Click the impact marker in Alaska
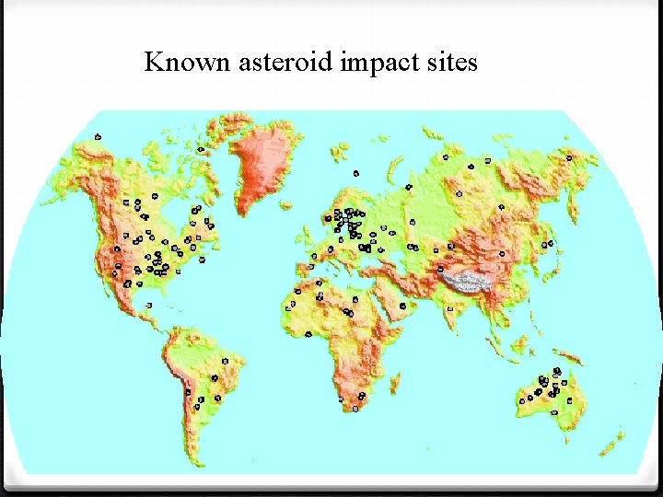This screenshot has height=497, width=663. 98,137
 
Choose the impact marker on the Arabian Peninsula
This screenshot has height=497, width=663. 402,306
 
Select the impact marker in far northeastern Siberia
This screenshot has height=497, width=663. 569,157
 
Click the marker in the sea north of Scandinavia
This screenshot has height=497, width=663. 355,172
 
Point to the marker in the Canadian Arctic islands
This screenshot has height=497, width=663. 201,149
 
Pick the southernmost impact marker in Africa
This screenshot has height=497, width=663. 356,410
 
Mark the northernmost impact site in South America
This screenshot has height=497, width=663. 226,358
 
